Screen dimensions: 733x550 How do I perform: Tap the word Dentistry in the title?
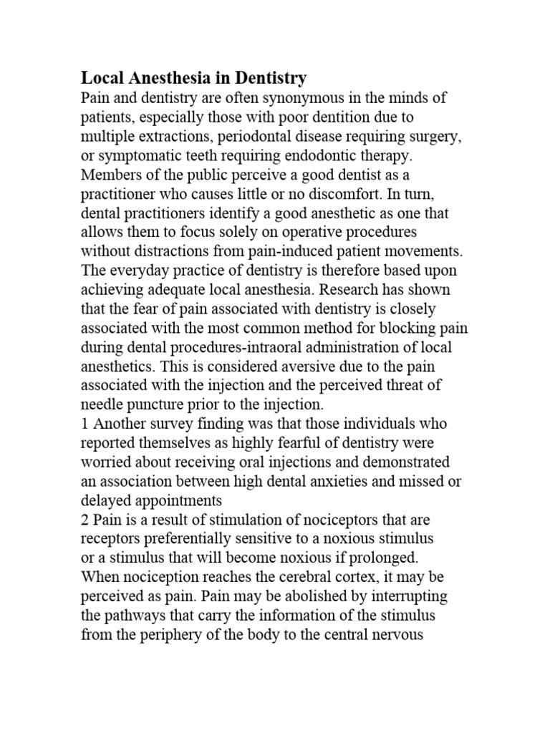268,77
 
